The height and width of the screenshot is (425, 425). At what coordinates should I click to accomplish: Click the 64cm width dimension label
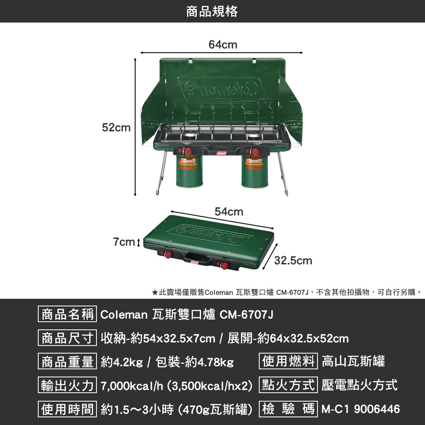tap(223, 45)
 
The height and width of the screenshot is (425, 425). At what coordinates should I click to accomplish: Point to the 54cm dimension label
tap(229, 212)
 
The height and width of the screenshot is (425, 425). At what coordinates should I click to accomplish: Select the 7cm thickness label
tap(124, 242)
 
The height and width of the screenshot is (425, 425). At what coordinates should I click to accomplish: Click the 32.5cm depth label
tap(293, 261)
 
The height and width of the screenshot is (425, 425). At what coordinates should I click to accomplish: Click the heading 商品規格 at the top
tap(212, 11)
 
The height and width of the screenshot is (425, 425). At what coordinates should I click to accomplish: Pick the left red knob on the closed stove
tap(168, 255)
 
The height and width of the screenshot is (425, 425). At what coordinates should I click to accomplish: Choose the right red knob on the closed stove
tap(224, 266)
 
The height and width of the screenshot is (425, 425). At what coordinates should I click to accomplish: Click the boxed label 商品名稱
tap(68, 315)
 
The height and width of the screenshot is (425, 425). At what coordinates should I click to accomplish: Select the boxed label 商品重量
tap(68, 362)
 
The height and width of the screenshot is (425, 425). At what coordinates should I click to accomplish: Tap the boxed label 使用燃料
tap(289, 361)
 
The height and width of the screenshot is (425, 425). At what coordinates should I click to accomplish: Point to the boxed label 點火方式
tap(289, 385)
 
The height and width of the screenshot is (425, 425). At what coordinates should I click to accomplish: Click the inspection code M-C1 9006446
tap(360, 409)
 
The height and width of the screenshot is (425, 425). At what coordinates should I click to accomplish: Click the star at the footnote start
tap(155, 292)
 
